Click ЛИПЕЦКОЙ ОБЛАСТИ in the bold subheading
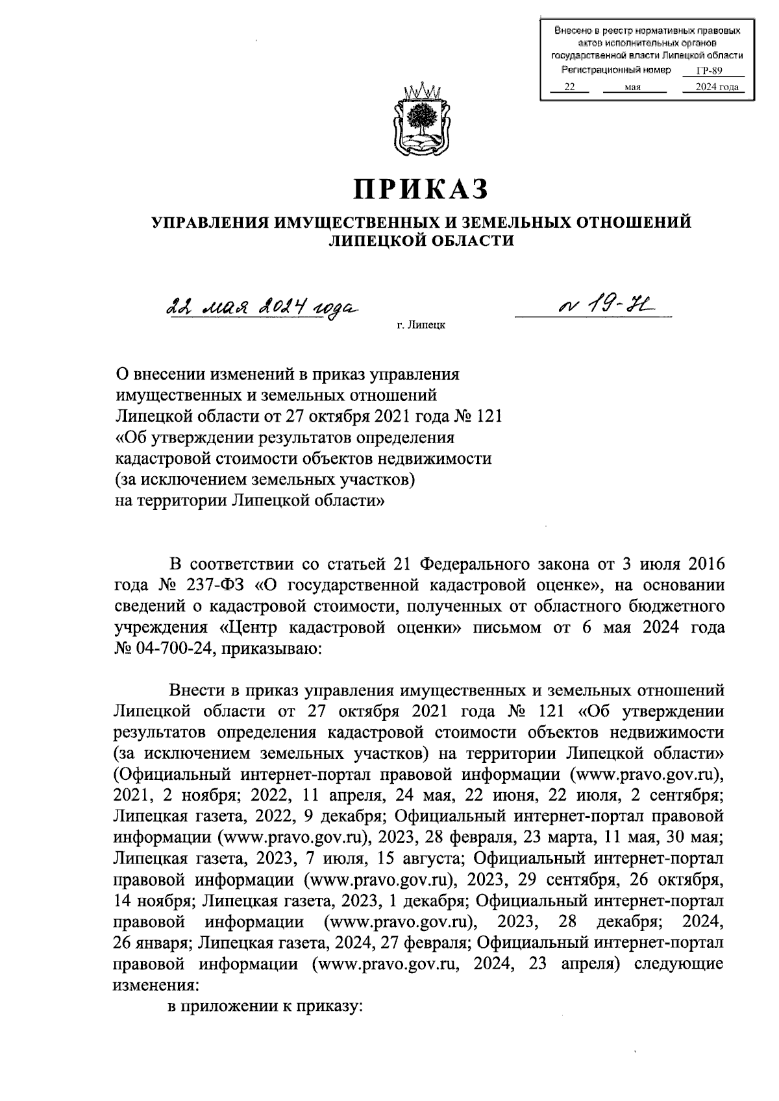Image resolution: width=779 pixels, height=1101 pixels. point(421,241)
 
